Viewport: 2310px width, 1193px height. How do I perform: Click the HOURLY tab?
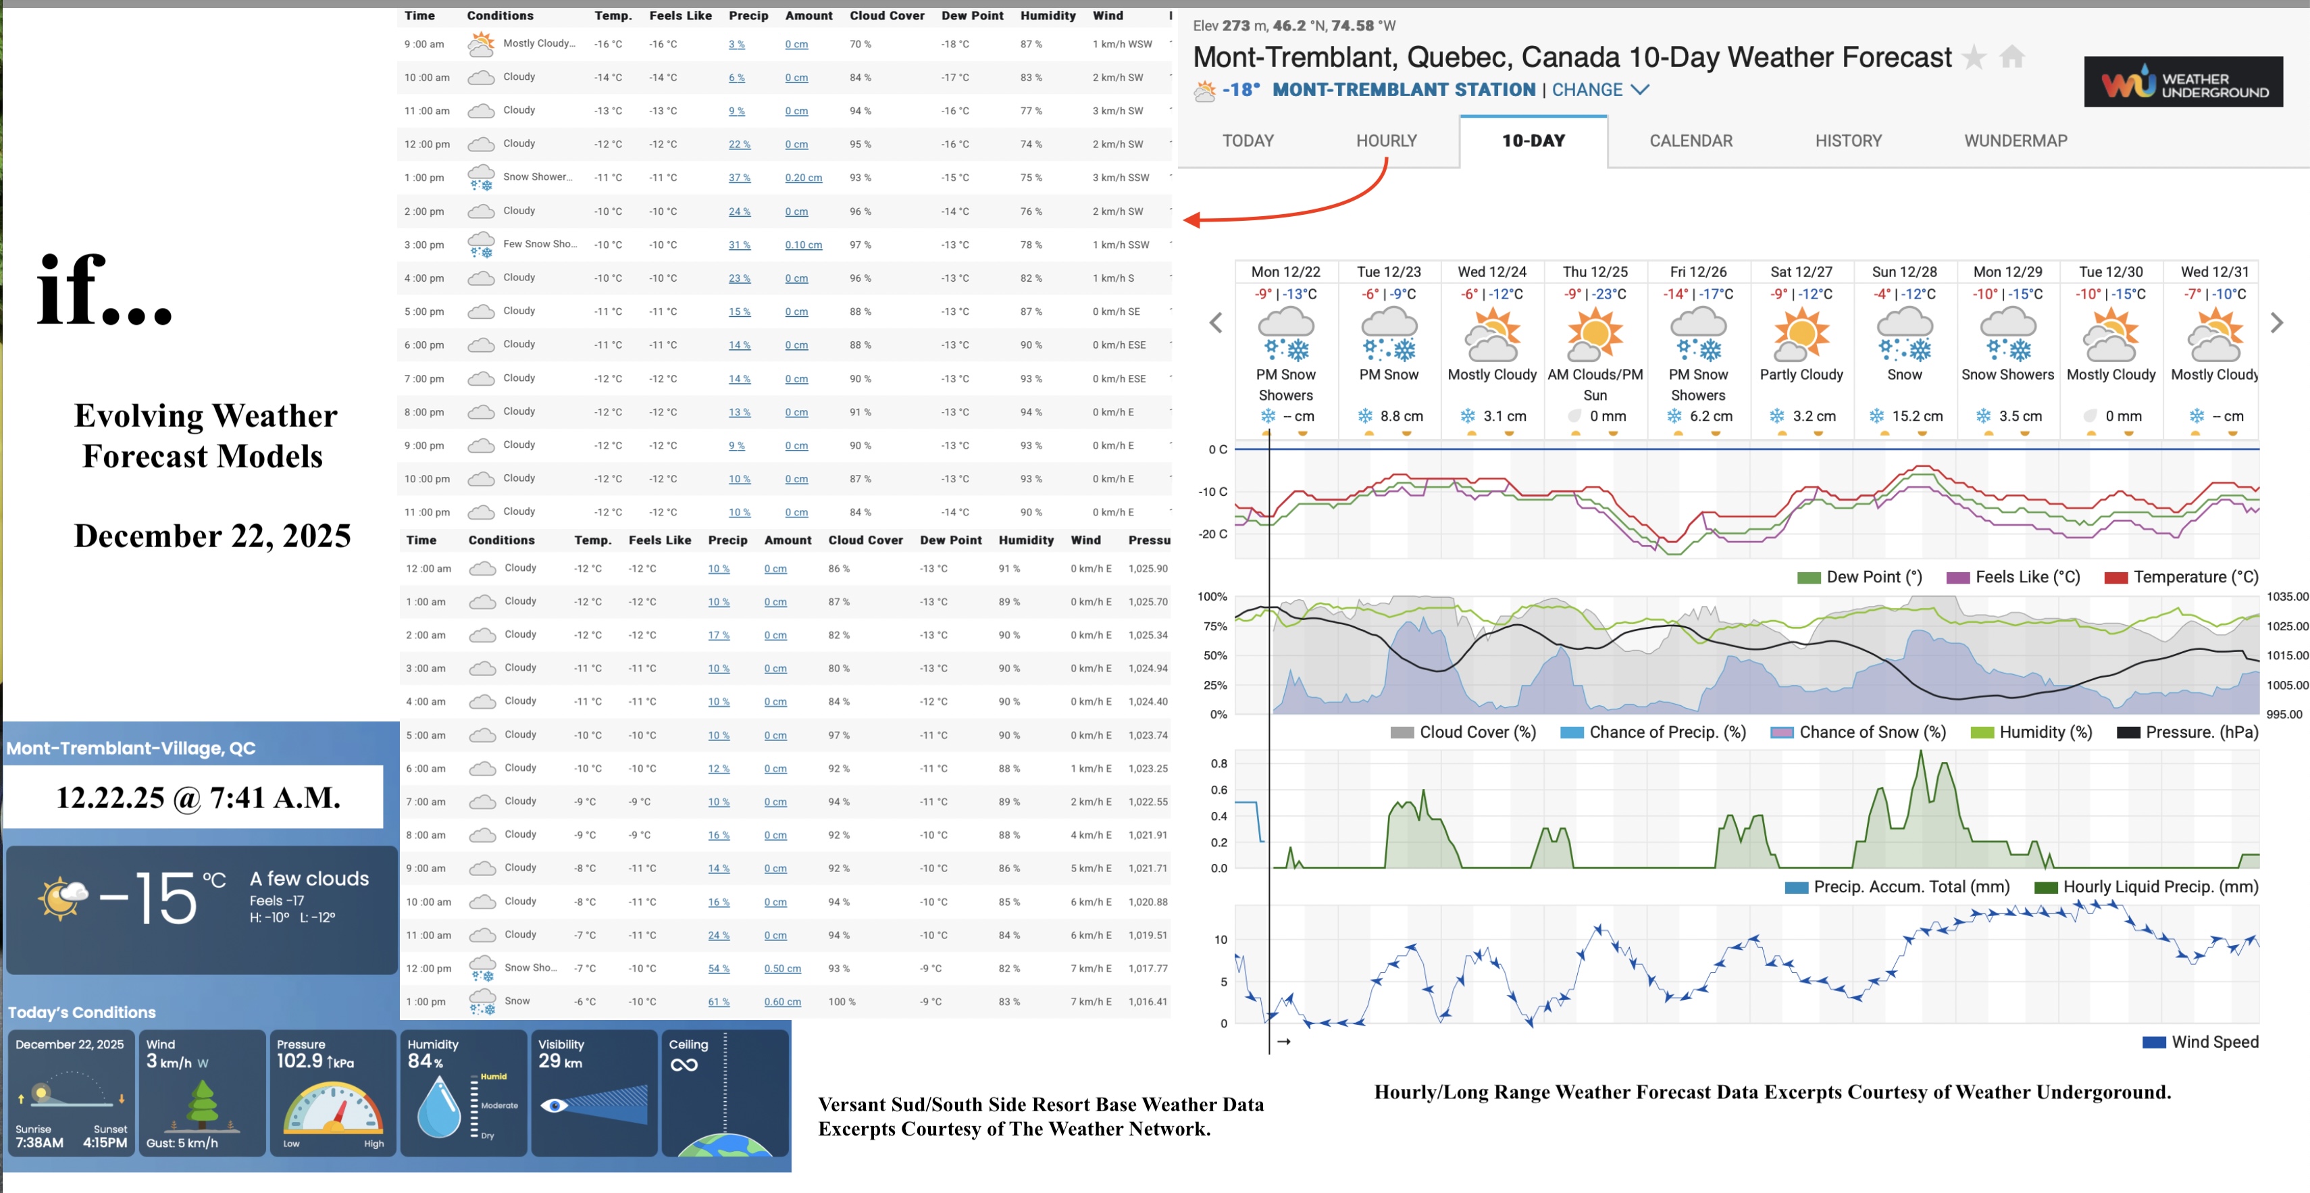click(x=1385, y=141)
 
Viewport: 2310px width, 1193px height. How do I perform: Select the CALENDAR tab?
click(x=1691, y=141)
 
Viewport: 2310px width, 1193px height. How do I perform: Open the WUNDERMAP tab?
click(x=2015, y=141)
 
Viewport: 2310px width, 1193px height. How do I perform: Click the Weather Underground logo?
click(x=2182, y=82)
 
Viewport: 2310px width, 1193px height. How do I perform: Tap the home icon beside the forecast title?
click(x=2011, y=57)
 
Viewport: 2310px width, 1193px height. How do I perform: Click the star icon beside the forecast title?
click(x=1973, y=57)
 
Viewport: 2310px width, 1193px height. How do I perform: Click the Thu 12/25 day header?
click(x=1595, y=272)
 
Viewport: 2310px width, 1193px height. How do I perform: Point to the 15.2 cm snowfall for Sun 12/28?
click(x=1916, y=416)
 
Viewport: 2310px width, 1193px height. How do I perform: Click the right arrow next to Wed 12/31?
click(x=2276, y=323)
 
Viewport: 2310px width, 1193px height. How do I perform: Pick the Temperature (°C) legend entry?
click(x=2181, y=578)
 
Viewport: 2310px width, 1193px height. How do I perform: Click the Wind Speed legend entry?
click(x=2201, y=1042)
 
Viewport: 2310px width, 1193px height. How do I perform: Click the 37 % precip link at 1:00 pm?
click(x=739, y=178)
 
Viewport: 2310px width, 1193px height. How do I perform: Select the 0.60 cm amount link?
click(x=782, y=1002)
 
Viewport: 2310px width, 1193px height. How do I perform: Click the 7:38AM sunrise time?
click(x=39, y=1143)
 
